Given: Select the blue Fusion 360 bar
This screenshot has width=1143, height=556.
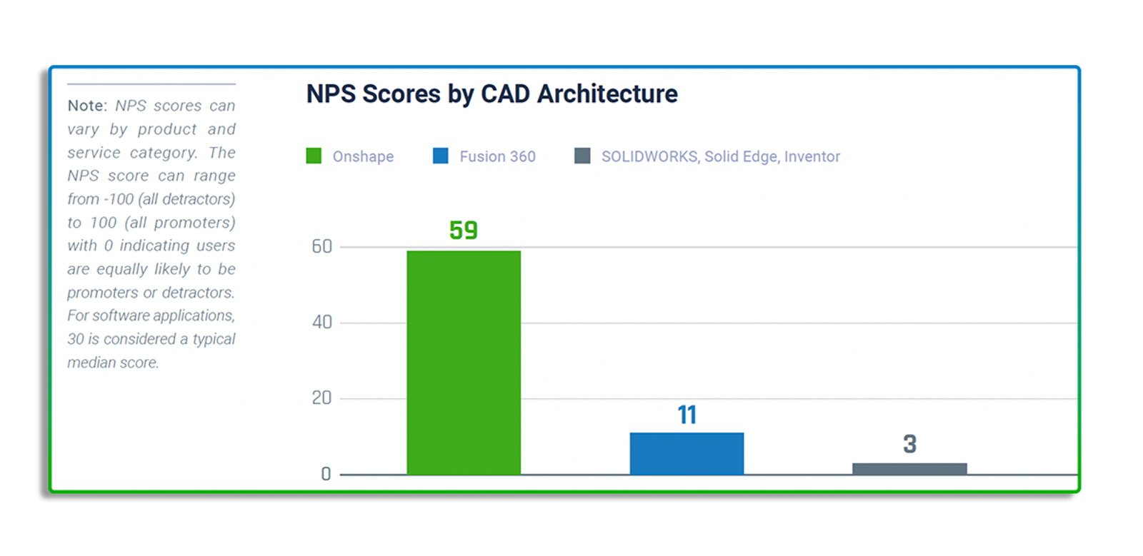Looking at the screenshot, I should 687,453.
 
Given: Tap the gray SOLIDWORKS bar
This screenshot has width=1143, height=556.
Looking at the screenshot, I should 909,469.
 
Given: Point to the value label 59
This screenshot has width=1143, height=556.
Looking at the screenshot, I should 464,231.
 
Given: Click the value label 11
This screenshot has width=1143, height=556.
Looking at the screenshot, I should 687,415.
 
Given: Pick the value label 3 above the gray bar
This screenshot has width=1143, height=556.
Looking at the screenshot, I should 909,444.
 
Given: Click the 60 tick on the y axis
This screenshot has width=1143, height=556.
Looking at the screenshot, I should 322,247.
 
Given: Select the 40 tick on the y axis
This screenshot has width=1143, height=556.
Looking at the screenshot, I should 322,323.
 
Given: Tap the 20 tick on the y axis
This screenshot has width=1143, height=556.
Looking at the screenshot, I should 322,398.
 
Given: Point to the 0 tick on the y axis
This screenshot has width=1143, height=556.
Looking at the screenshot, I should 326,474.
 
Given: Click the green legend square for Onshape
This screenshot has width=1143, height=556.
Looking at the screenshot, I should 314,156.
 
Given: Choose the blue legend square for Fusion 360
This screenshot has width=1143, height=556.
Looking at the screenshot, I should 441,156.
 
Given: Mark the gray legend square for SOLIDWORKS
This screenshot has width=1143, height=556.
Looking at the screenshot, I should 582,156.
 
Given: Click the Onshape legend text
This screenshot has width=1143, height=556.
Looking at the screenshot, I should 363,156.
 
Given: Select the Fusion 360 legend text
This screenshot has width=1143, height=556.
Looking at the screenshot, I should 497,156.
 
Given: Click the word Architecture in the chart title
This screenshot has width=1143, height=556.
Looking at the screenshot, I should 607,94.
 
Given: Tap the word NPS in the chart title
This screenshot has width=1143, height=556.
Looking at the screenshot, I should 331,94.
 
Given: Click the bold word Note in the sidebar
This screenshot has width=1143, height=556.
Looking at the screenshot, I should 86,106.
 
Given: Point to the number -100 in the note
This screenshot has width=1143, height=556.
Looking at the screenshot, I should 119,199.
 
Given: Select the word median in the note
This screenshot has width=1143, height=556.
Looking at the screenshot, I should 91,363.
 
